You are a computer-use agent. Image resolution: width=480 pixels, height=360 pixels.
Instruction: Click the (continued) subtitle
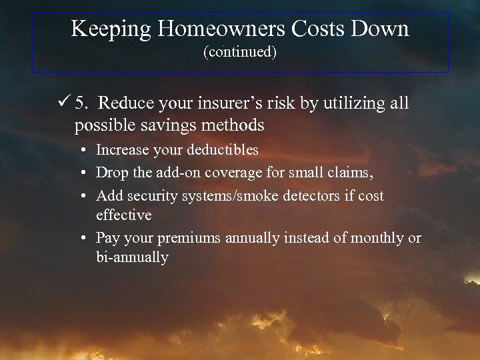[x=240, y=51]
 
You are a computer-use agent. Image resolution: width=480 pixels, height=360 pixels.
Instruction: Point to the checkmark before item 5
[x=65, y=103]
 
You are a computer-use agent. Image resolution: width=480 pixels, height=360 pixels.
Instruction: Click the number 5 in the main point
[x=81, y=103]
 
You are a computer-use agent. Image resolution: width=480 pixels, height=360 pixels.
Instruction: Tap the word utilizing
[x=357, y=103]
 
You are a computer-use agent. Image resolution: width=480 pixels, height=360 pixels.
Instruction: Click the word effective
[x=124, y=215]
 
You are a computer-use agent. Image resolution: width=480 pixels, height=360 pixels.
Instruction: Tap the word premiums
[x=190, y=237]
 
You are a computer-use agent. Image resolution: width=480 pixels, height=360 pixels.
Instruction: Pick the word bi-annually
[x=132, y=257]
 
